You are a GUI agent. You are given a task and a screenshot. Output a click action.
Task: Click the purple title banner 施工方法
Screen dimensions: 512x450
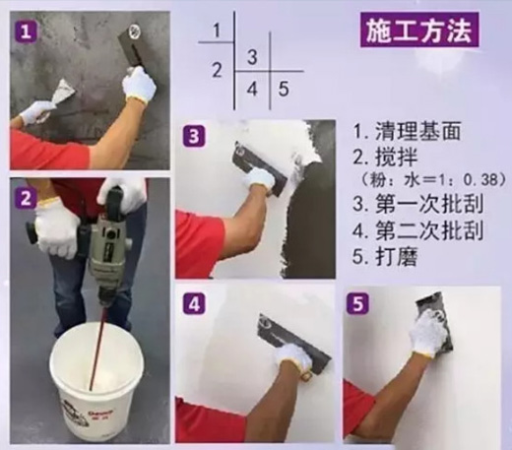tap(419, 31)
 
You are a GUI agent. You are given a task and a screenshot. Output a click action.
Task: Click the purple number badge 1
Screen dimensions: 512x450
tap(26, 32)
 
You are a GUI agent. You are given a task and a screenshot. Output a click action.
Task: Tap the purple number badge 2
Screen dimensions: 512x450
tap(26, 198)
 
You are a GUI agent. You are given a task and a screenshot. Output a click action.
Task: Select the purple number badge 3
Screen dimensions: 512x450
tap(194, 136)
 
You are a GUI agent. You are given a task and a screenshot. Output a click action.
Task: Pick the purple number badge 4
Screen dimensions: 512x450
tap(194, 303)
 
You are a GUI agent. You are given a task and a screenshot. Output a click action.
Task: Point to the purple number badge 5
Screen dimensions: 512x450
tap(357, 303)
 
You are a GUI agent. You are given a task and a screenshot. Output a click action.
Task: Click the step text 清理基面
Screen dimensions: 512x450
tap(417, 131)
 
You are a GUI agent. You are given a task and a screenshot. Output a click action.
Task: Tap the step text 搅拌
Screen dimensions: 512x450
tap(397, 157)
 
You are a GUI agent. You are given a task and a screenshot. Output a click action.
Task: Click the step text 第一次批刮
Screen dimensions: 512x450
tap(429, 203)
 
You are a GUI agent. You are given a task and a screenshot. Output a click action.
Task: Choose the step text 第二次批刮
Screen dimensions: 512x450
tap(429, 230)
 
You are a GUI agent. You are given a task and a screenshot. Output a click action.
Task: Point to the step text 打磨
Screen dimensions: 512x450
tap(397, 257)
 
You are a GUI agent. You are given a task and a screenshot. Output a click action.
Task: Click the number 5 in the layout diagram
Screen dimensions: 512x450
tap(284, 89)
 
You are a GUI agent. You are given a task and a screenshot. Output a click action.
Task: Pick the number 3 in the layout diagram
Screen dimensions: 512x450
tap(252, 57)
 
